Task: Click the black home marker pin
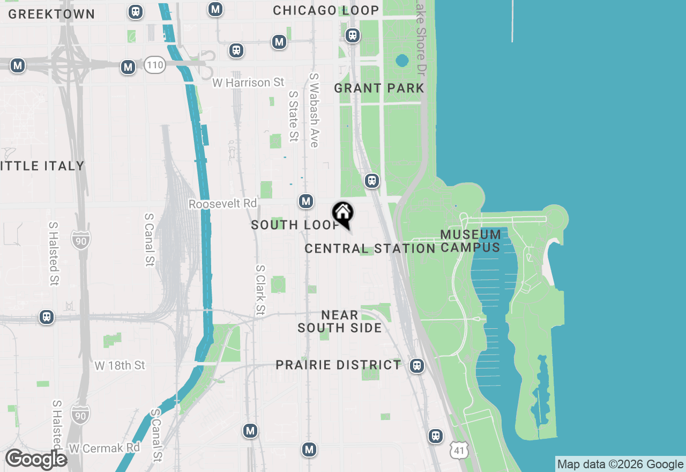point(342,213)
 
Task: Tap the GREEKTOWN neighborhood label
point(51,14)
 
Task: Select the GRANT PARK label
point(379,88)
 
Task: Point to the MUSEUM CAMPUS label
point(471,241)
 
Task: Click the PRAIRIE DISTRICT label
point(338,365)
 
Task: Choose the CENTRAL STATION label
point(370,248)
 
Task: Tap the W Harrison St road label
point(248,83)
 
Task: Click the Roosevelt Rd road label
point(223,204)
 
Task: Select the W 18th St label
point(120,365)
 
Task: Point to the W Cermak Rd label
point(105,447)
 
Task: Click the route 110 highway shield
point(154,66)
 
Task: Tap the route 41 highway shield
point(460,451)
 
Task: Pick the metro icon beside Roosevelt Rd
point(306,201)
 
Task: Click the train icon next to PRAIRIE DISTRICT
point(417,366)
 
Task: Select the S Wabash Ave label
point(314,110)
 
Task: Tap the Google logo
point(36,459)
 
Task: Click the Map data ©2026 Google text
point(620,464)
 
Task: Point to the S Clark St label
point(260,290)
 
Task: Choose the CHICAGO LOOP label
point(326,10)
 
